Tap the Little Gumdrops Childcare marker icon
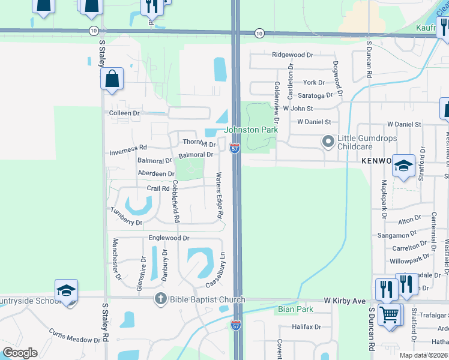point(328,142)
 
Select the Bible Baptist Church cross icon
point(160,298)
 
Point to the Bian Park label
point(296,310)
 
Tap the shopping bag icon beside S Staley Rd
point(112,79)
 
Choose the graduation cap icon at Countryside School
point(66,291)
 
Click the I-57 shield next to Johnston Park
point(235,148)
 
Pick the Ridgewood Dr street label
point(292,55)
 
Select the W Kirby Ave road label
point(345,300)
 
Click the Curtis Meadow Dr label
point(74,335)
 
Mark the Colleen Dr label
point(124,112)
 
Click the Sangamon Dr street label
point(397,235)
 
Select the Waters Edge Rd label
point(220,196)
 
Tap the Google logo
point(20,353)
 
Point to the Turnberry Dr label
point(126,217)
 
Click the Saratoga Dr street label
point(315,95)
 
